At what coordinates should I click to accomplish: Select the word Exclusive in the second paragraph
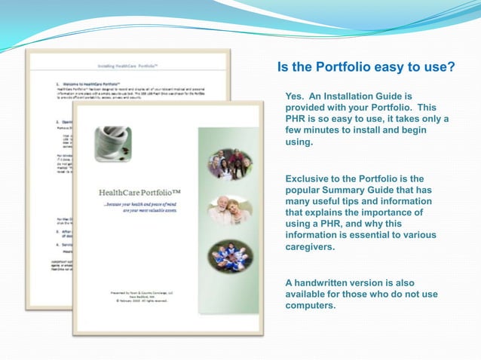pos(310,178)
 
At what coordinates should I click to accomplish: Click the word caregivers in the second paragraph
pos(310,246)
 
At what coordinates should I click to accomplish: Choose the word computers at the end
pos(309,305)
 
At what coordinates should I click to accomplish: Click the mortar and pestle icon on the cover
pos(113,144)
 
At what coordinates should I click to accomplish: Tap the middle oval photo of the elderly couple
pos(230,210)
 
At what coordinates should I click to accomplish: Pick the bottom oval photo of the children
pos(230,256)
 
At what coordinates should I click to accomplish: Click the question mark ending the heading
pos(450,68)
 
